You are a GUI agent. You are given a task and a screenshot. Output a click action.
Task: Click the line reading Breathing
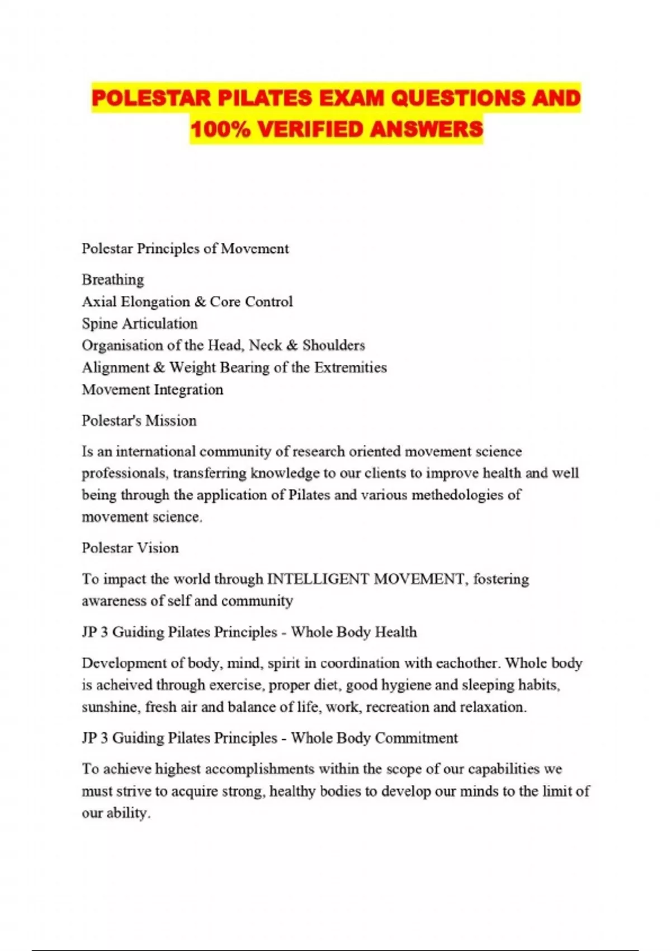113,280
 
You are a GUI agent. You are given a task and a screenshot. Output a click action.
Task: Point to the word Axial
97,302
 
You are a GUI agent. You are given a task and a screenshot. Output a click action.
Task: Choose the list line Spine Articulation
140,323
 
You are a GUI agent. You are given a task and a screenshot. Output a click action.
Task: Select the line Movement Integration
153,389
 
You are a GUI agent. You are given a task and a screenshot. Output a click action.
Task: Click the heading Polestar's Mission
139,421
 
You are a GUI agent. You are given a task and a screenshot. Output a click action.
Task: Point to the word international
155,451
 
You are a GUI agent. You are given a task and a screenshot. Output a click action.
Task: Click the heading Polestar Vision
130,548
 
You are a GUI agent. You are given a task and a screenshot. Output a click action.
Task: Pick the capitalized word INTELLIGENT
318,579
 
